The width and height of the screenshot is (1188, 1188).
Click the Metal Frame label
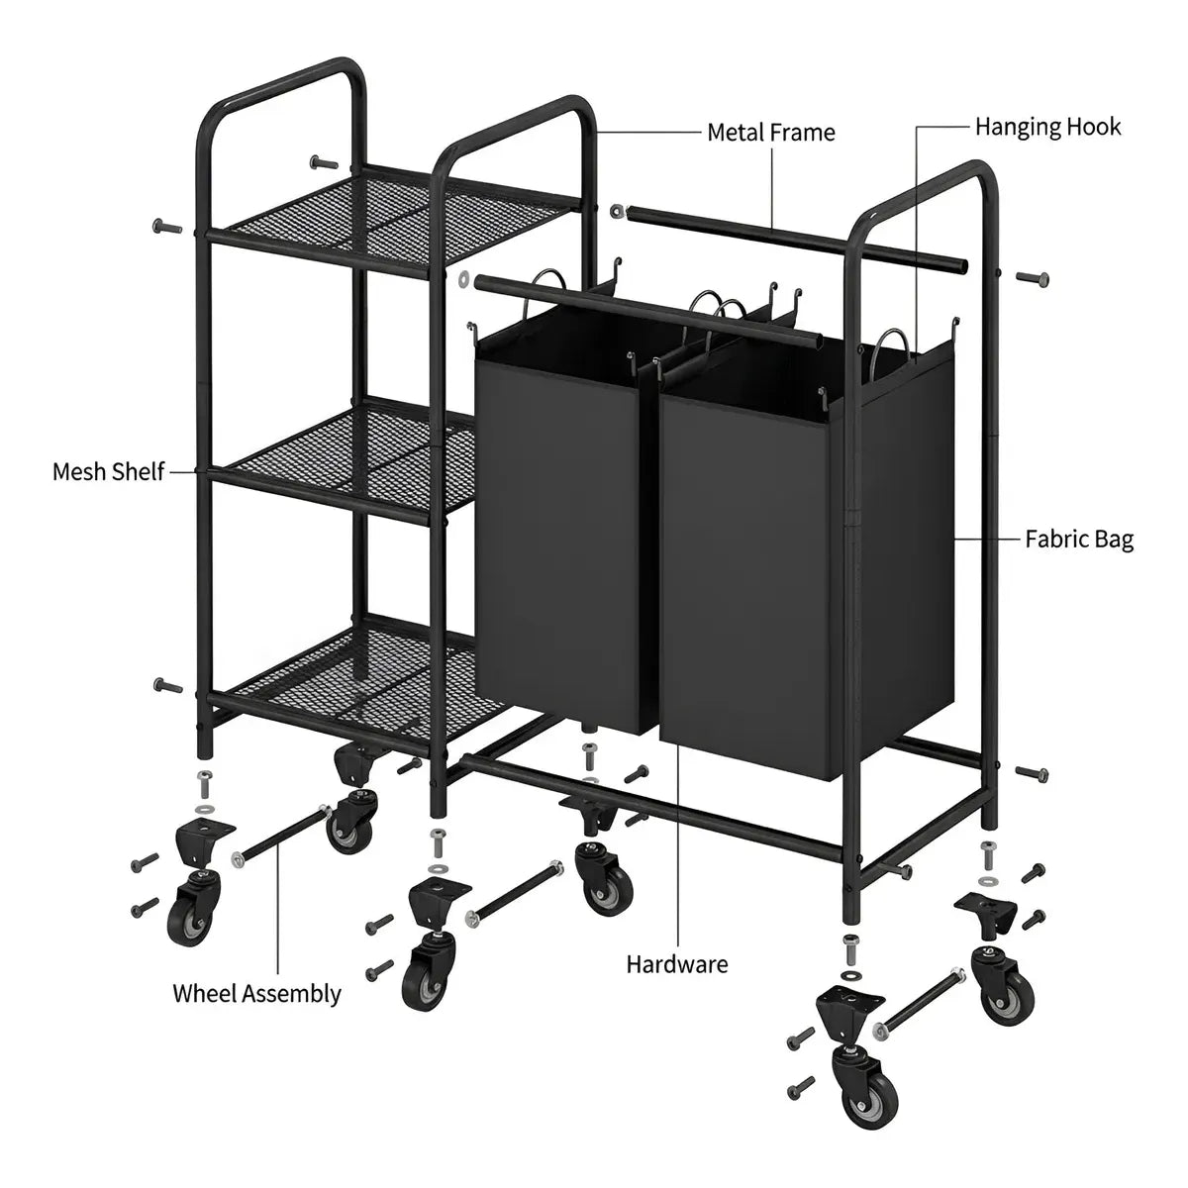coord(770,133)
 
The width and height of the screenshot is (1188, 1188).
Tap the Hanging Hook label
coord(1048,127)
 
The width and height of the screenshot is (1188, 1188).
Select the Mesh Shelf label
coord(109,471)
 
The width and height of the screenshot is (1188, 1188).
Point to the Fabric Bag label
coord(1079,540)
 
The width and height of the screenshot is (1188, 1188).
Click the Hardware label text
coord(677,964)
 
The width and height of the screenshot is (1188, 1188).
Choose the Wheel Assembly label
coord(256,994)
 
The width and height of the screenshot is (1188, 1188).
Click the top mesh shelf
coord(395,222)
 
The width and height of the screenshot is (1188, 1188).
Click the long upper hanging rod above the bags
coord(795,240)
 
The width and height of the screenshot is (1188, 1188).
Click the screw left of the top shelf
coord(166,227)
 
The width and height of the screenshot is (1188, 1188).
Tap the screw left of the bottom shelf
coord(166,685)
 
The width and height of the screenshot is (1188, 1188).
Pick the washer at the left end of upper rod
coord(617,212)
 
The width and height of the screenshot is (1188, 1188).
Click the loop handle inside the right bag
coord(892,348)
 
